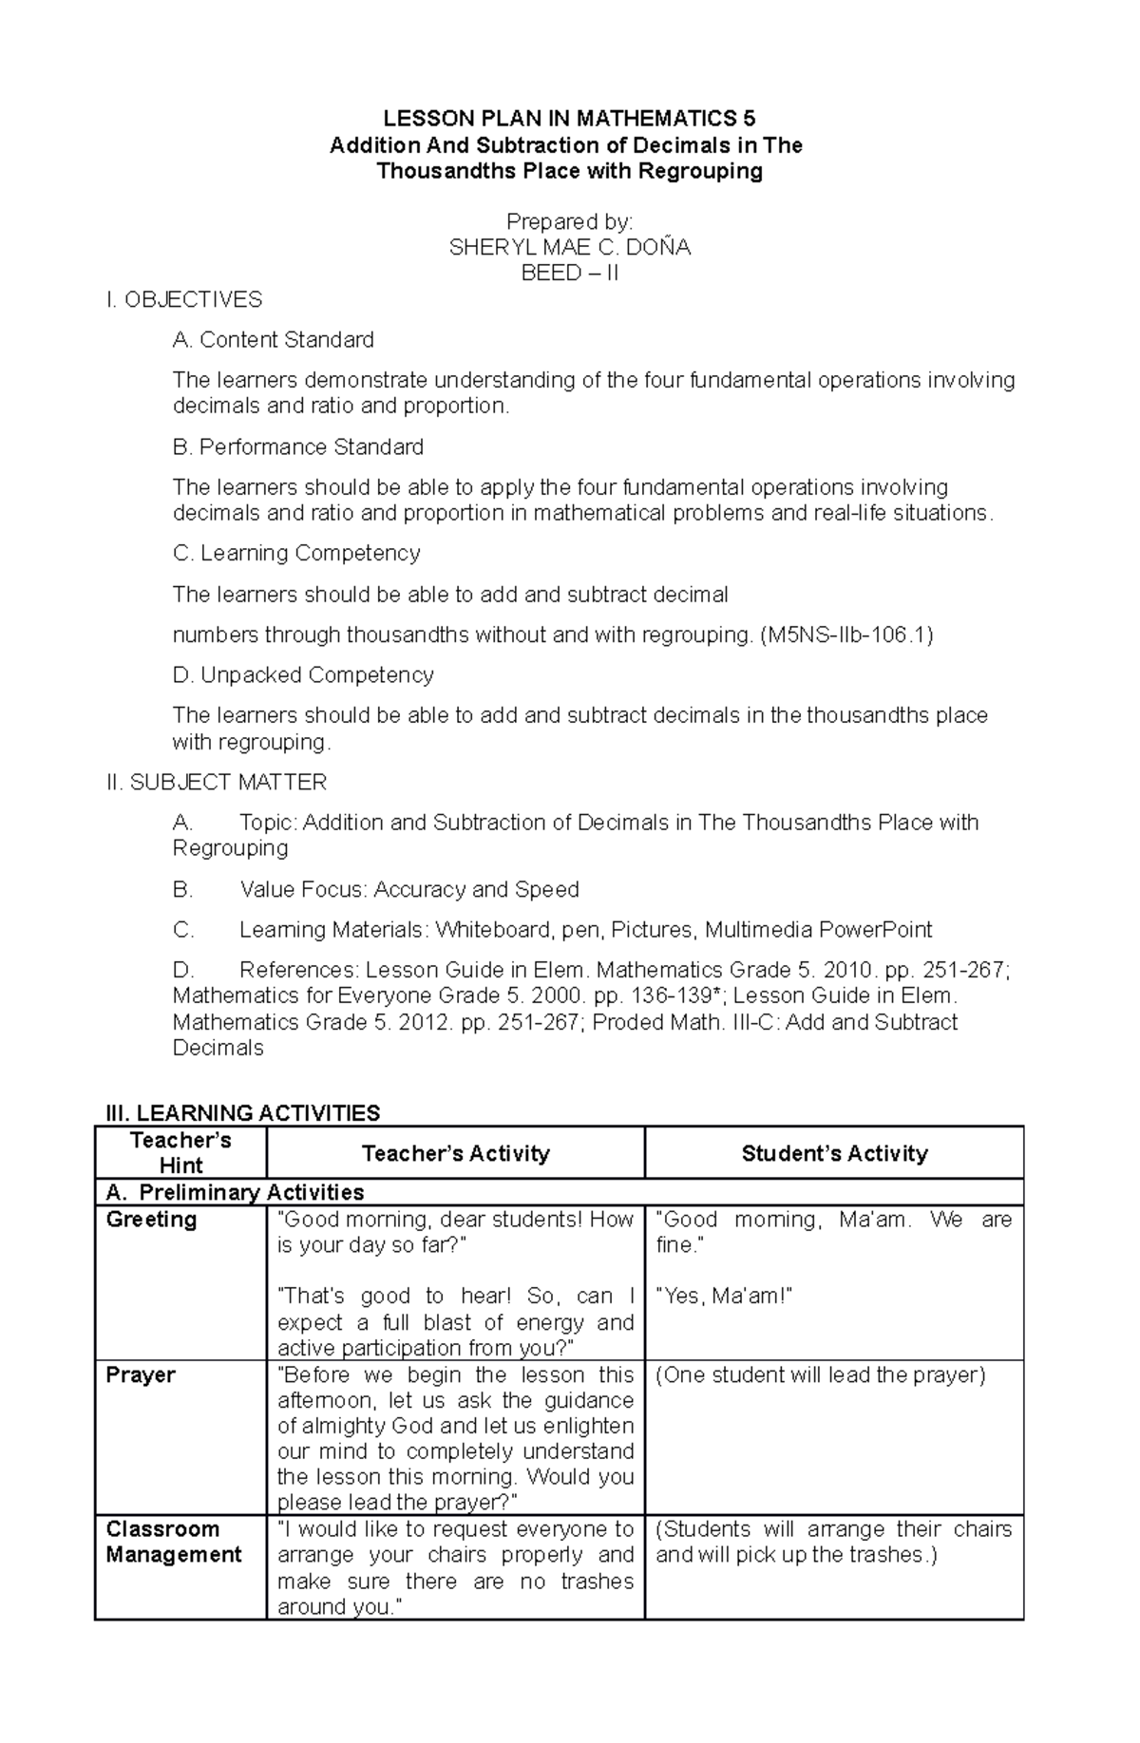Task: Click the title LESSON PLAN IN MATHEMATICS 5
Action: point(569,119)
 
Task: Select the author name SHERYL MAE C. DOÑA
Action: point(569,248)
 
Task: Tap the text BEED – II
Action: point(569,274)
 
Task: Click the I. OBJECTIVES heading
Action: point(184,300)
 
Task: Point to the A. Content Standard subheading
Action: point(274,340)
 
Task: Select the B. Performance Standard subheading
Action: point(298,447)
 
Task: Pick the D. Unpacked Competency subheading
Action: point(303,675)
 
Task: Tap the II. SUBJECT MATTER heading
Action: point(217,783)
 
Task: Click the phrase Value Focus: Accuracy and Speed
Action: point(409,890)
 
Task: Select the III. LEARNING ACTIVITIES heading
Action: point(242,1112)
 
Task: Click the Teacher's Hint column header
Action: point(180,1152)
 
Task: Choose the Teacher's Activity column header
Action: point(456,1153)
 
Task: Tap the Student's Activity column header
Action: point(834,1153)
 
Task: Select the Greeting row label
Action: point(151,1220)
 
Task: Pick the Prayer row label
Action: point(141,1375)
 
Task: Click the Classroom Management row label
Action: point(174,1543)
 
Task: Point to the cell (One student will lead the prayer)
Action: point(821,1375)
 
